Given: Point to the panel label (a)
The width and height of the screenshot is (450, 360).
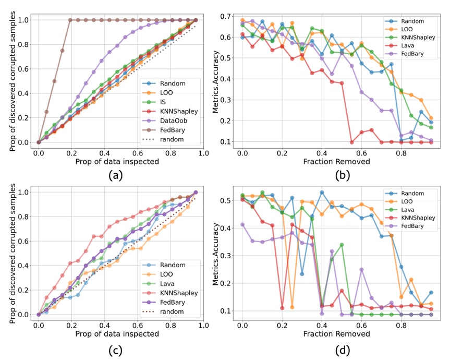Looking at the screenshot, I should tap(116, 175).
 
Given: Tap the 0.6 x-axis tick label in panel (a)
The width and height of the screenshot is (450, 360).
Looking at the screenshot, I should tap(138, 153).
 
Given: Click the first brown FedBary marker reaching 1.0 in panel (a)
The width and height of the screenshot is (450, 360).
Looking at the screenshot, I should tap(70, 20).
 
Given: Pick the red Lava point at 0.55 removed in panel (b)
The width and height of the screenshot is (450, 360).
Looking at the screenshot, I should tap(351, 142).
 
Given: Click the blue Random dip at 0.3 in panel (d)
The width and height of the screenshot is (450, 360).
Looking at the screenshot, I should tap(302, 274).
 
